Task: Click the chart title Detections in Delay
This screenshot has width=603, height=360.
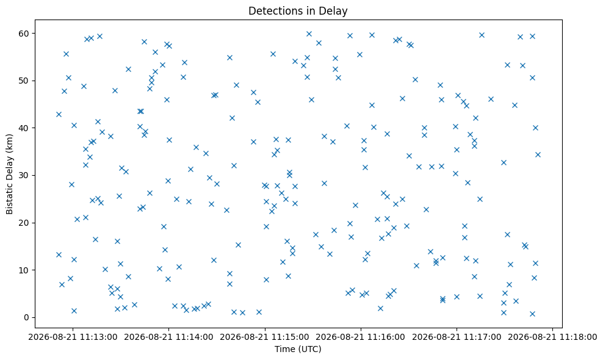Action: tap(298, 11)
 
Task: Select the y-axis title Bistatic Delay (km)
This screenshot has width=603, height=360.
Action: tap(10, 174)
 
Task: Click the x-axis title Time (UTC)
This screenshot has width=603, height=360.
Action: tap(298, 349)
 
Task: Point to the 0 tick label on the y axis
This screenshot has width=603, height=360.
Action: tap(27, 318)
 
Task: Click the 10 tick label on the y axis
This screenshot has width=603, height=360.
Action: tap(24, 270)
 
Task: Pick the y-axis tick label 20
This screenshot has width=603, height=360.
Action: tap(24, 223)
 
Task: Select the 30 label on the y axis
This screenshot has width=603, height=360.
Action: tap(24, 176)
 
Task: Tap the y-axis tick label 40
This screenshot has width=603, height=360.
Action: tap(24, 128)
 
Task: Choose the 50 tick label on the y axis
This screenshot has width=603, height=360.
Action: tap(24, 81)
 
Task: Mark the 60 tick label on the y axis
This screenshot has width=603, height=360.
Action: tap(24, 34)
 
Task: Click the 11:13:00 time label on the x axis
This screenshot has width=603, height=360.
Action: tap(73, 337)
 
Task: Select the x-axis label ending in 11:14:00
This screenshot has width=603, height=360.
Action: tap(168, 337)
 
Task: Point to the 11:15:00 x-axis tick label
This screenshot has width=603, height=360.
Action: tap(265, 337)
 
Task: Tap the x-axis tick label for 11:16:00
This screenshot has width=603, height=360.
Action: tap(361, 337)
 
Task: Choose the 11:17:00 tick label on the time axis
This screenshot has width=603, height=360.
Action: tap(457, 337)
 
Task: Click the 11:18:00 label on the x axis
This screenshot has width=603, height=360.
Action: tap(552, 337)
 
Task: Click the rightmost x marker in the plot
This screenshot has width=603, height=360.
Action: tap(538, 154)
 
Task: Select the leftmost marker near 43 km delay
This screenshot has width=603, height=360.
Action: tap(59, 114)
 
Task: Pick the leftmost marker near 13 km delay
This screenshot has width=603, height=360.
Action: tap(59, 254)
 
